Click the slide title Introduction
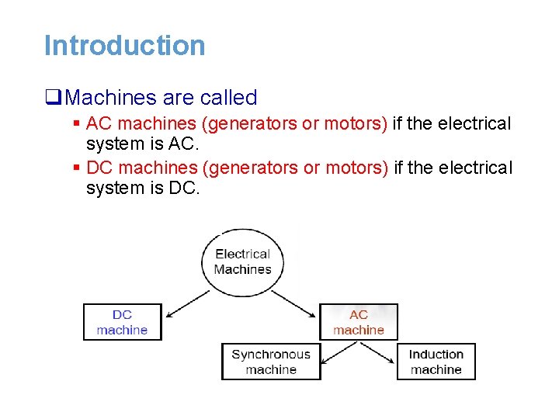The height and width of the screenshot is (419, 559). tap(124, 45)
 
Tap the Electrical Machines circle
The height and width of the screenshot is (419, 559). tap(243, 261)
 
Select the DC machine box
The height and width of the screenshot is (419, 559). tap(122, 322)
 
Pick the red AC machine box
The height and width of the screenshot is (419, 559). tap(358, 322)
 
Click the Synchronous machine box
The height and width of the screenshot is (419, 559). tap(270, 362)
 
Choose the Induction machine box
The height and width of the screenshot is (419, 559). tap(436, 362)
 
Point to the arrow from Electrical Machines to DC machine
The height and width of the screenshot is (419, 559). tap(188, 303)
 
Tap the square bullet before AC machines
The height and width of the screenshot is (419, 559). tap(77, 124)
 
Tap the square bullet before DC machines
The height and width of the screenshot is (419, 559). tap(77, 168)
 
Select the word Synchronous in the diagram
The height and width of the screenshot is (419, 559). tap(270, 355)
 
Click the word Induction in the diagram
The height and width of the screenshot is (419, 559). tap(436, 355)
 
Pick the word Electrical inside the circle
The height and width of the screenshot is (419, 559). tap(242, 254)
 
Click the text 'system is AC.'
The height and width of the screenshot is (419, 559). tap(143, 144)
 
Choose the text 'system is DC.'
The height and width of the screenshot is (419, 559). tap(143, 188)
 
